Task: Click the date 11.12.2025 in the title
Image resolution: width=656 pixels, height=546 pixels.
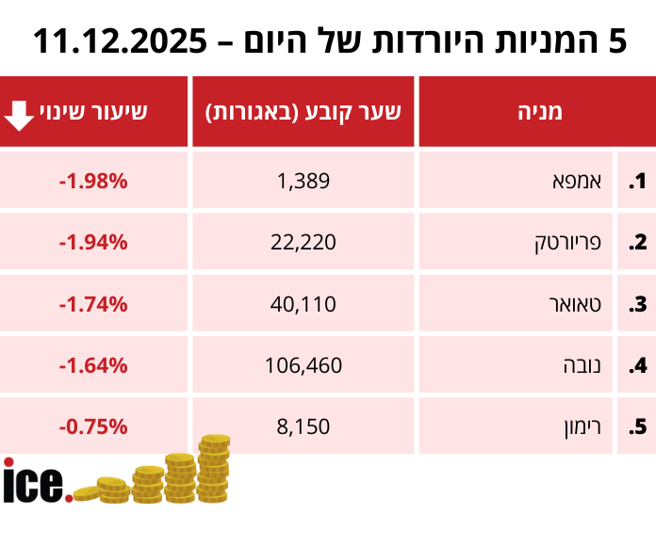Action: tap(121, 41)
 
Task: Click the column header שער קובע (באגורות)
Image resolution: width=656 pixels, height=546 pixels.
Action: tap(303, 112)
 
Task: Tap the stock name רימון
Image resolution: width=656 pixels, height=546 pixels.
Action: tap(574, 426)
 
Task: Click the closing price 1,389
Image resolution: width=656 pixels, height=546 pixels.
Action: tap(303, 181)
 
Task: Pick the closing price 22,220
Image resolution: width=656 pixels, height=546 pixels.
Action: tap(303, 243)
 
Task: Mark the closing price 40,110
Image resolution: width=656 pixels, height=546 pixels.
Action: tap(303, 304)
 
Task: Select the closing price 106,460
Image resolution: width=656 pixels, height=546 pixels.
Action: tap(303, 365)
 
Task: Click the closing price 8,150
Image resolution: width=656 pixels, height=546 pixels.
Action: tap(303, 426)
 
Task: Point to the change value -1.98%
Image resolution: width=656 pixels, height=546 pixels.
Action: tap(92, 181)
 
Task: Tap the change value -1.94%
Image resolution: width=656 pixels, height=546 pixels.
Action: tap(92, 243)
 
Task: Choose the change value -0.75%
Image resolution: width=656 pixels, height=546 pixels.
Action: tap(92, 426)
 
